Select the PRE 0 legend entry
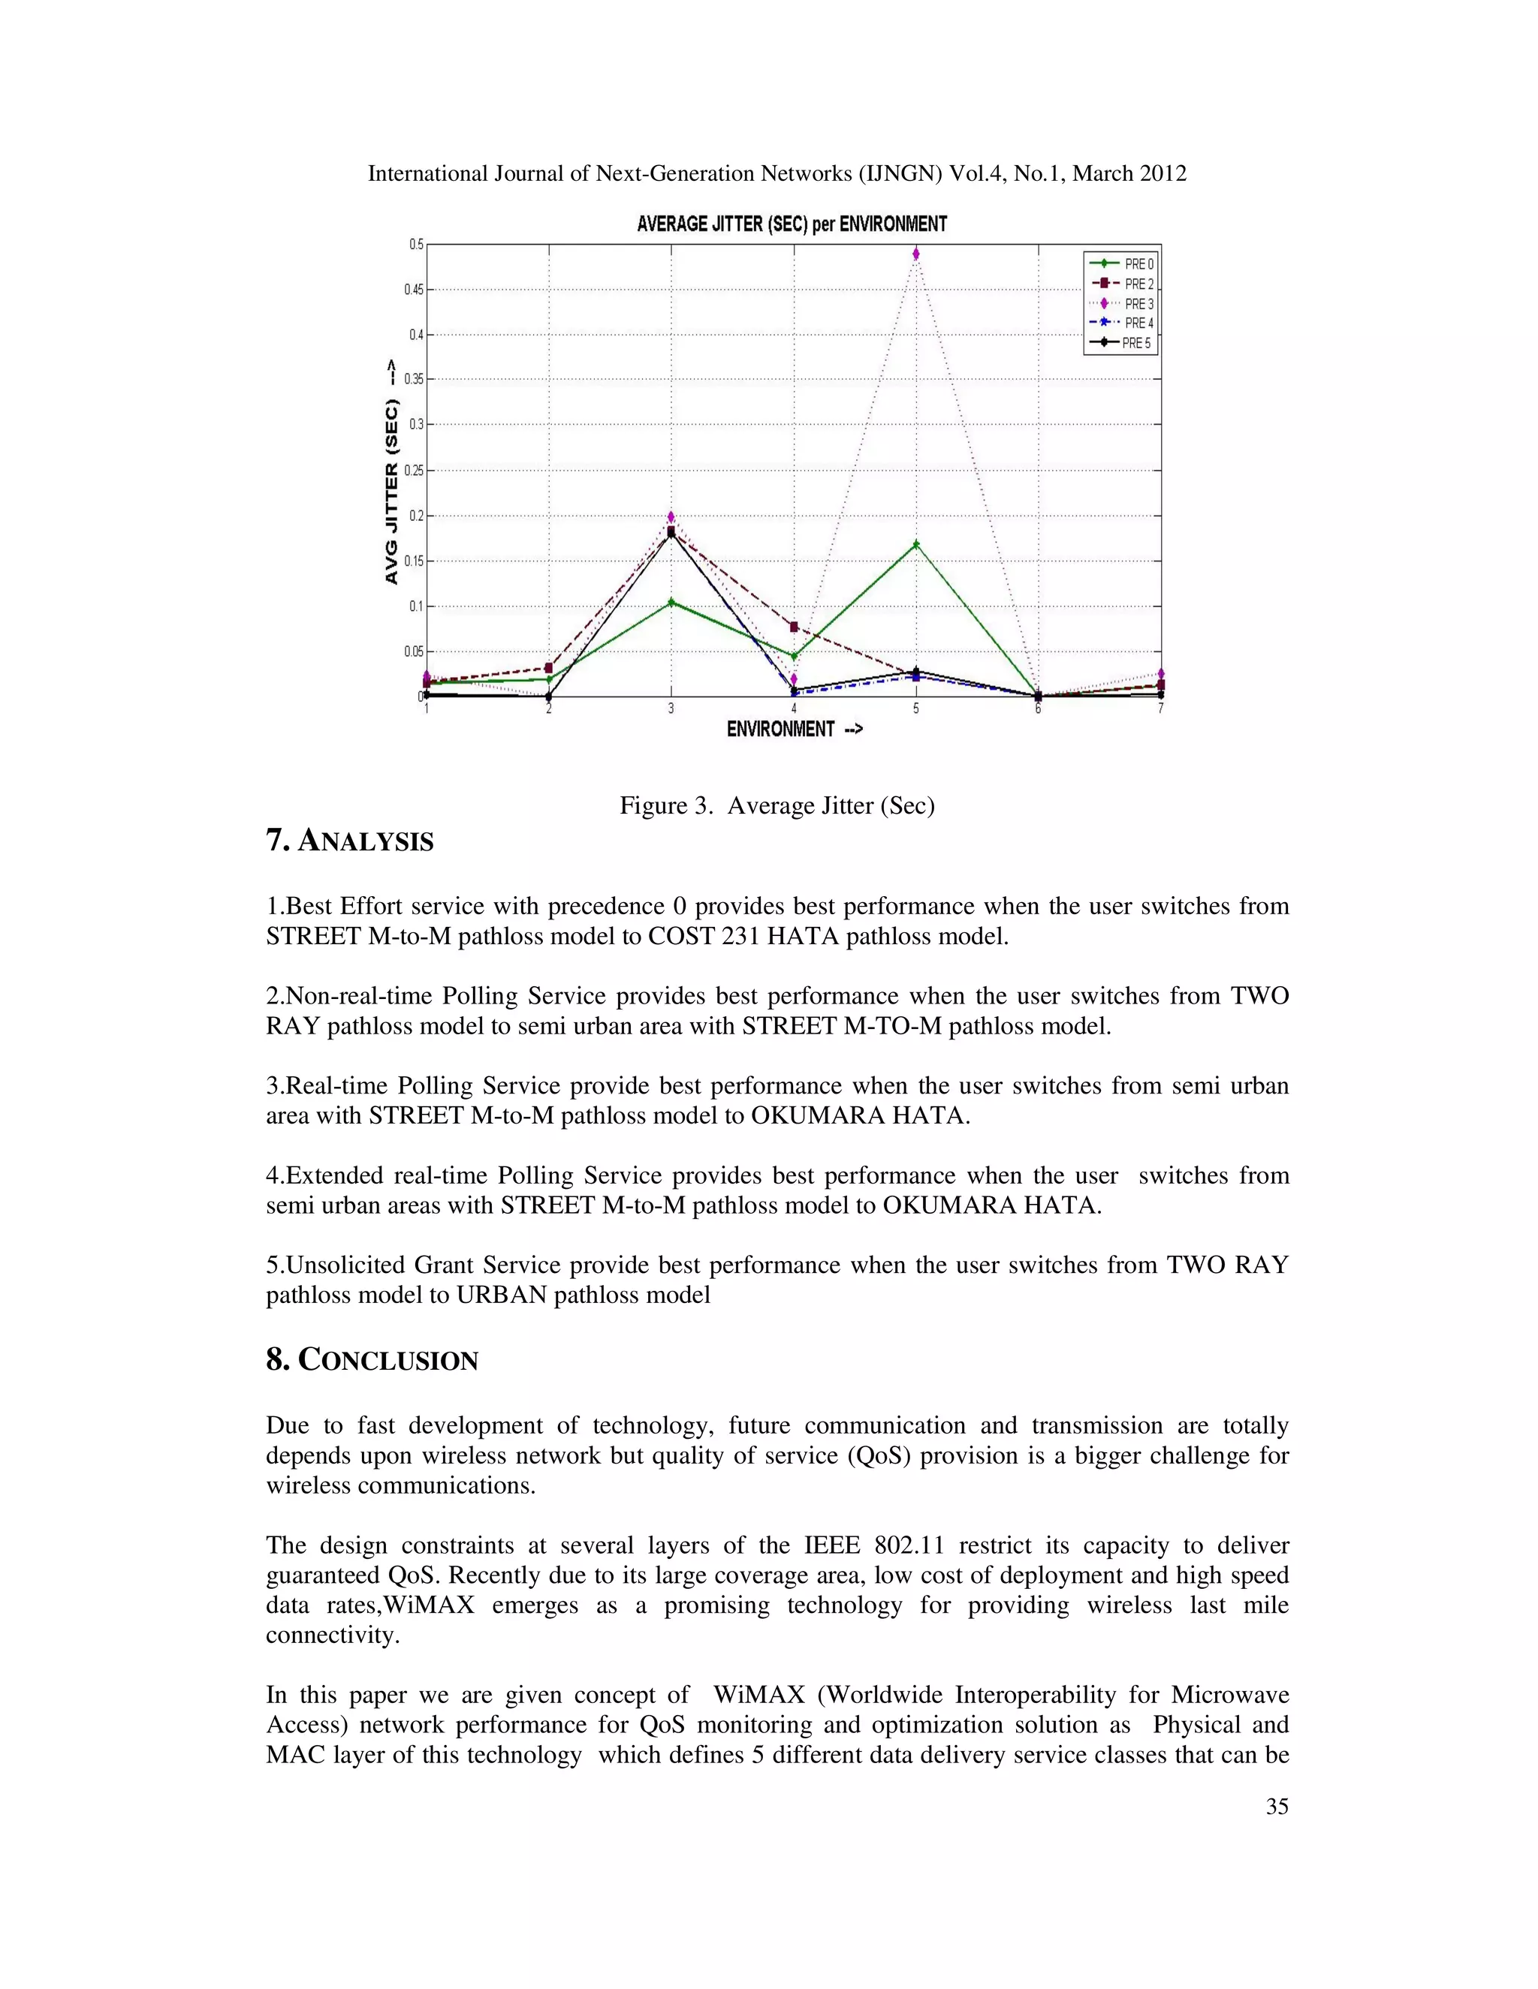click(x=1120, y=264)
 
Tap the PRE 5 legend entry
click(x=1120, y=343)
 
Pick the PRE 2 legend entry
click(x=1120, y=284)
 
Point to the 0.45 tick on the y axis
click(x=415, y=290)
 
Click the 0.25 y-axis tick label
click(x=415, y=471)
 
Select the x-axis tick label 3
click(x=671, y=709)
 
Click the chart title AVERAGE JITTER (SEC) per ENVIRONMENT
click(x=792, y=224)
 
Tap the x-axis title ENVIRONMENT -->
click(x=795, y=729)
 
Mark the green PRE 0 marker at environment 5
click(x=915, y=545)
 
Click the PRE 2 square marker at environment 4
click(x=794, y=627)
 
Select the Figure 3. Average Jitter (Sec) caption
click(x=777, y=806)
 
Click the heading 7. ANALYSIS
click(x=350, y=841)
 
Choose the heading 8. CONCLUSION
click(x=372, y=1361)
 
